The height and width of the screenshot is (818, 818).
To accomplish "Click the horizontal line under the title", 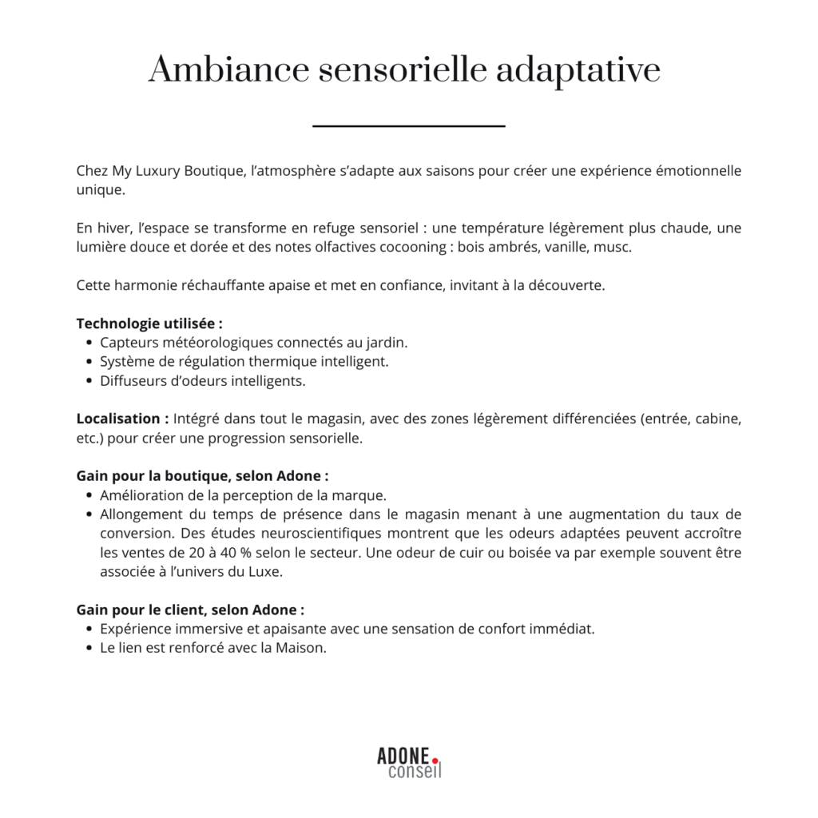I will (409, 126).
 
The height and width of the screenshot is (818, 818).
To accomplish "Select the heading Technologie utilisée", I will (149, 324).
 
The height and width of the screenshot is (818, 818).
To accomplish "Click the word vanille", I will (565, 247).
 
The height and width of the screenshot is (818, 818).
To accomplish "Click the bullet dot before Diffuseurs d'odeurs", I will (87, 381).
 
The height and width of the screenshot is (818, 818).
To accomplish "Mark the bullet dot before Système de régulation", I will (87, 362).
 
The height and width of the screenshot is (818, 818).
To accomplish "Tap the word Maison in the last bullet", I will (300, 648).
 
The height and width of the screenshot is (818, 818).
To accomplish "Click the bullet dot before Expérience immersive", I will (87, 629).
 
